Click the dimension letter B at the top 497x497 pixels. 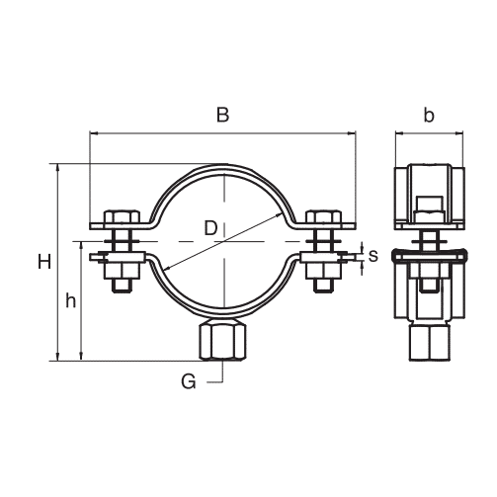coord(222,115)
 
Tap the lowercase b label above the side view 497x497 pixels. coord(429,115)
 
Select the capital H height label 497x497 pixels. coord(44,262)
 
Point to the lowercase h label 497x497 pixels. coord(70,300)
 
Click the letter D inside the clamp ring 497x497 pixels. coord(210,228)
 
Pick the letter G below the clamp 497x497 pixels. coord(189,382)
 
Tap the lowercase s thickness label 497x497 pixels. coord(373,256)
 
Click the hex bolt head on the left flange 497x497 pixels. coord(122,216)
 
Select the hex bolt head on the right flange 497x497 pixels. coord(323,216)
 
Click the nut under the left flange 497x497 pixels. coord(123,271)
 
